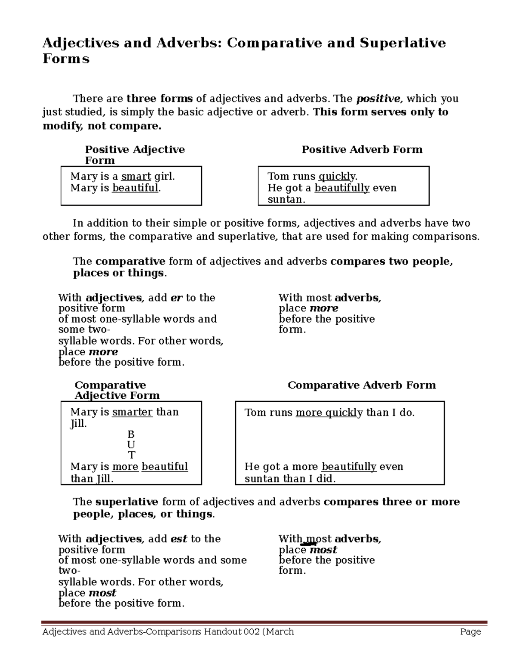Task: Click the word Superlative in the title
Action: pyautogui.click(x=402, y=43)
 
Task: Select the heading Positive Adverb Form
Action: pyautogui.click(x=362, y=150)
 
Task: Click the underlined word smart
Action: pyautogui.click(x=136, y=176)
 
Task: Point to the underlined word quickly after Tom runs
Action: pyautogui.click(x=337, y=176)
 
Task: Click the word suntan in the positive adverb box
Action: pyautogui.click(x=286, y=200)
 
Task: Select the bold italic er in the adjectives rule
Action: pyautogui.click(x=176, y=298)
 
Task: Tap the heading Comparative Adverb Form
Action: pyautogui.click(x=361, y=385)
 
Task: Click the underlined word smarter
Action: pyautogui.click(x=132, y=412)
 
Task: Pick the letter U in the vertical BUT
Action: pyautogui.click(x=131, y=444)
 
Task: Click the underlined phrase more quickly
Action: pyautogui.click(x=329, y=413)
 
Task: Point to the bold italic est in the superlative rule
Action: pyautogui.click(x=179, y=539)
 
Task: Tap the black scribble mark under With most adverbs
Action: pyautogui.click(x=308, y=545)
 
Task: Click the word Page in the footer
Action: pyautogui.click(x=470, y=631)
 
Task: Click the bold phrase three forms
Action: pyautogui.click(x=160, y=99)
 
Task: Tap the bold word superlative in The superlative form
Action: pyautogui.click(x=126, y=502)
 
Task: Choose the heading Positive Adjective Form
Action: pyautogui.click(x=135, y=155)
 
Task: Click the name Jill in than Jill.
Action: pyautogui.click(x=104, y=479)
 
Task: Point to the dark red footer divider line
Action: pyautogui.click(x=264, y=622)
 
